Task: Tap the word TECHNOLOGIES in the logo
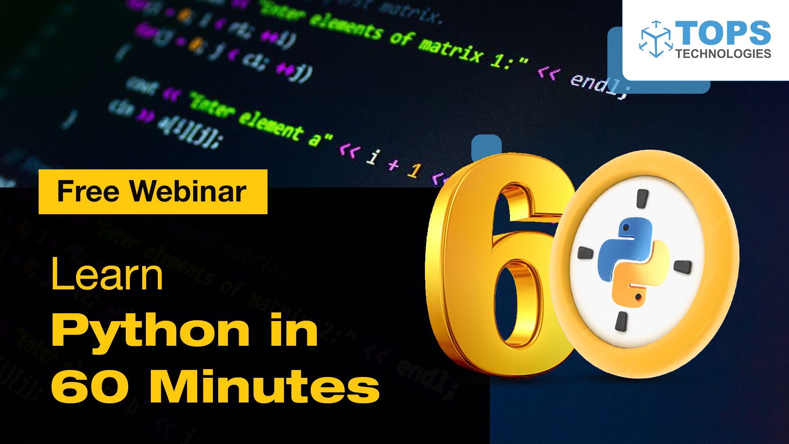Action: click(723, 54)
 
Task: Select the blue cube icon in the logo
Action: click(656, 39)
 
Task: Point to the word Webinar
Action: click(188, 192)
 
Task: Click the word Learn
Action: click(107, 275)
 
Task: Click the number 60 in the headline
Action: click(90, 387)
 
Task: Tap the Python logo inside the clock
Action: click(633, 262)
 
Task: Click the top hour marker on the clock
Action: click(642, 199)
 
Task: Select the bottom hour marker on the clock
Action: click(621, 321)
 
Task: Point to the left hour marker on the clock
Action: click(585, 253)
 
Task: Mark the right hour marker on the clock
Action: click(683, 267)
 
